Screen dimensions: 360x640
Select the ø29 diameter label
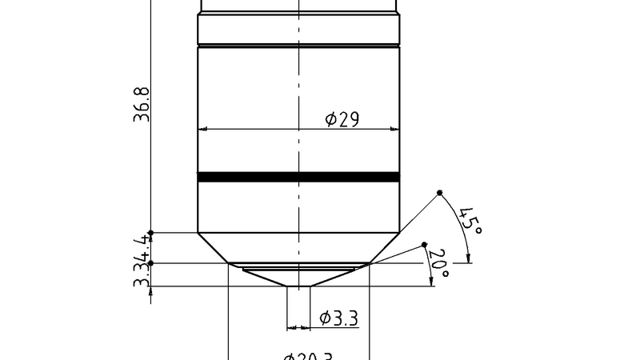pyautogui.click(x=342, y=119)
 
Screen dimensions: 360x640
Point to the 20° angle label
pyautogui.click(x=438, y=263)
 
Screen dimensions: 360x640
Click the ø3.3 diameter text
pyautogui.click(x=338, y=318)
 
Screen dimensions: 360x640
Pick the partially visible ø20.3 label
pyautogui.click(x=307, y=356)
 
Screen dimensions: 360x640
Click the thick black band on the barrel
pyautogui.click(x=298, y=178)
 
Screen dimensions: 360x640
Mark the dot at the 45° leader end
pyautogui.click(x=440, y=194)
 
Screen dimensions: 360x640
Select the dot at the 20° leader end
pyautogui.click(x=425, y=245)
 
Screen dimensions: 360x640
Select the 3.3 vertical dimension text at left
pyautogui.click(x=142, y=277)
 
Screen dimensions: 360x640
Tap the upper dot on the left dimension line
pyautogui.click(x=151, y=233)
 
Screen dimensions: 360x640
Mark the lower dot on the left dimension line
pyautogui.click(x=151, y=263)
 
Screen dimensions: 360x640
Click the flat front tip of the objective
pyautogui.click(x=298, y=287)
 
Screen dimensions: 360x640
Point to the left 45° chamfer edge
pyautogui.click(x=213, y=248)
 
